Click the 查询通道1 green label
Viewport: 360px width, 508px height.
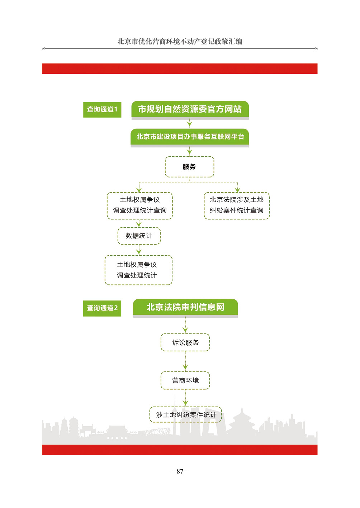pyautogui.click(x=102, y=110)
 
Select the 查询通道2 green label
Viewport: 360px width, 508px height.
pyautogui.click(x=102, y=308)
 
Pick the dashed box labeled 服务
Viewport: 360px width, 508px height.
pyautogui.click(x=189, y=167)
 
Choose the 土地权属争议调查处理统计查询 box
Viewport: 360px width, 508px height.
pyautogui.click(x=140, y=206)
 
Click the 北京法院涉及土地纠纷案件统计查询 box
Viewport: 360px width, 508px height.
pyautogui.click(x=237, y=206)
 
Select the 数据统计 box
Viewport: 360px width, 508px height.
pyautogui.click(x=139, y=236)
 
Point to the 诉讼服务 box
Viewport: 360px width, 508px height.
pyautogui.click(x=185, y=342)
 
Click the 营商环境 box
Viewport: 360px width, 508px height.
pyautogui.click(x=185, y=380)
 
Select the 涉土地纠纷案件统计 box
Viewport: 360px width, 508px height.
pyautogui.click(x=185, y=415)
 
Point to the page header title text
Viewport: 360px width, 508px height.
pyautogui.click(x=180, y=42)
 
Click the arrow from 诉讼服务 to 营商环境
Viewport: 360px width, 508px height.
pyautogui.click(x=185, y=361)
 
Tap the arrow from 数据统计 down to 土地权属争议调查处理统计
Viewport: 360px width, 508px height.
pyautogui.click(x=139, y=250)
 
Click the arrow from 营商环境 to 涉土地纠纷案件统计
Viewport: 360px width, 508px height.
pyautogui.click(x=185, y=398)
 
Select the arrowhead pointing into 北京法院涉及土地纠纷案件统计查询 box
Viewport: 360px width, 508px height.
pyautogui.click(x=237, y=190)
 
